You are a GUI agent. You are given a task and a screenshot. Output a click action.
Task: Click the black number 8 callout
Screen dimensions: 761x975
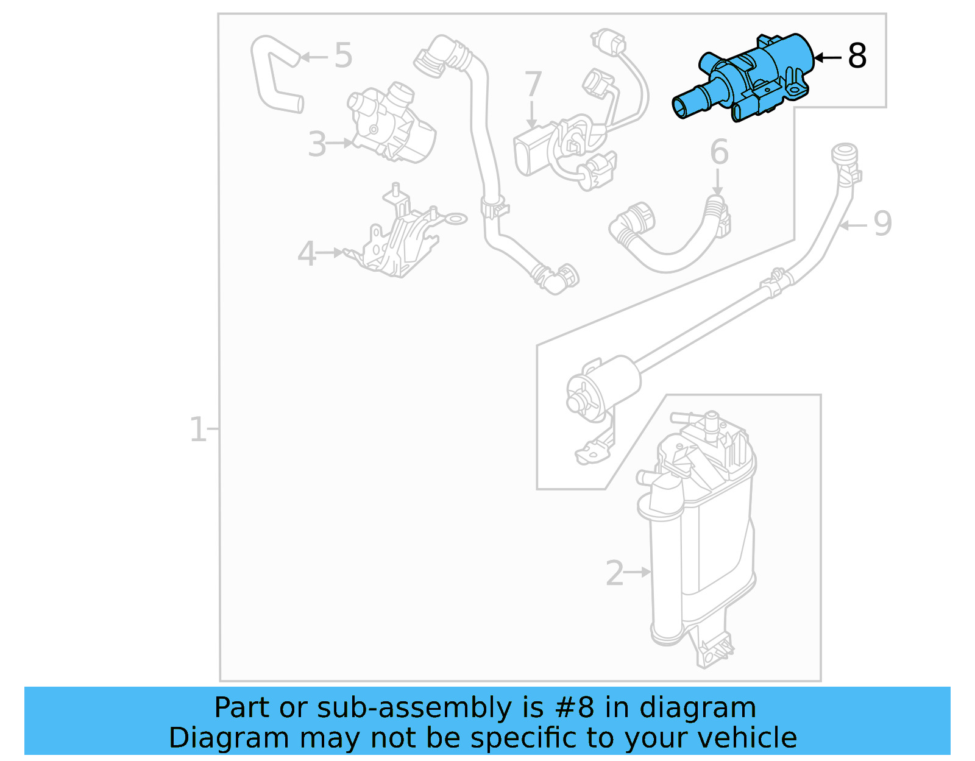point(857,56)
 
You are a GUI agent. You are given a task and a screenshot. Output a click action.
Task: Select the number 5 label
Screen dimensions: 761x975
point(343,55)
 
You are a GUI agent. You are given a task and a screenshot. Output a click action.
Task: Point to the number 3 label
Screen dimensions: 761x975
point(317,144)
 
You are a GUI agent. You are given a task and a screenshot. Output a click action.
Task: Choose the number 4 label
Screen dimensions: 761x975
point(307,253)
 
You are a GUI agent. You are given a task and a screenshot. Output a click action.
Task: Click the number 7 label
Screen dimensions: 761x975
point(533,84)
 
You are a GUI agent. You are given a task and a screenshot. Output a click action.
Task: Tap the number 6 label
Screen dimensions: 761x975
point(719,152)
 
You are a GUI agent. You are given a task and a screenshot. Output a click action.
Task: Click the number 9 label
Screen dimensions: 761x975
point(882,224)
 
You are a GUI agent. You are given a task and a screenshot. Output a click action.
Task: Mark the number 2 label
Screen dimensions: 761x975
point(614,573)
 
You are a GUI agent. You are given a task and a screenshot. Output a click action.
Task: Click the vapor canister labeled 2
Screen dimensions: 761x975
point(701,536)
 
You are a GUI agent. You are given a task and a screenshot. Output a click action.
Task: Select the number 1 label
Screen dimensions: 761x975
point(197,430)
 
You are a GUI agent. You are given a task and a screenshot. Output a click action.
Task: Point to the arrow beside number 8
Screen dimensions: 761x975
point(828,57)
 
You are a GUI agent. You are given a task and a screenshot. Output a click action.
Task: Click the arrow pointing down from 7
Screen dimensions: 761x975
point(532,116)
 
